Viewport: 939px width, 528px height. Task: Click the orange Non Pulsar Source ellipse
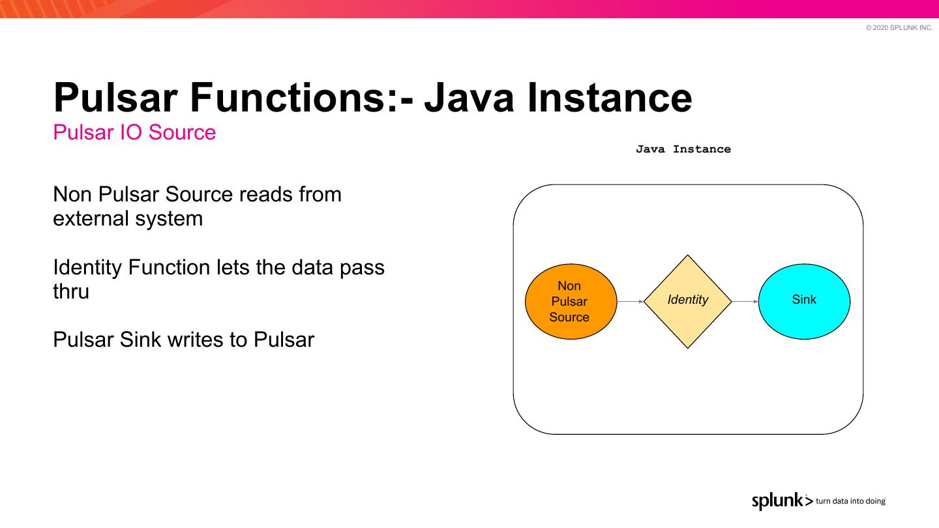571,301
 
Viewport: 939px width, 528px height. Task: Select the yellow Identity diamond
688,301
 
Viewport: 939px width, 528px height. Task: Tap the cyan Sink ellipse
804,301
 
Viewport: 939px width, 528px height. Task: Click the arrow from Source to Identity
630,302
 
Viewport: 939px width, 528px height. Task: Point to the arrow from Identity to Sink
745,302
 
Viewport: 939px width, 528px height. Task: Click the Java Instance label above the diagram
683,149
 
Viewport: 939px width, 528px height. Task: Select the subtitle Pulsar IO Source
134,132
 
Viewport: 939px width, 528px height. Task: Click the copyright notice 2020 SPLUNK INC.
899,27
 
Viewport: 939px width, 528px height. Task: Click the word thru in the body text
71,291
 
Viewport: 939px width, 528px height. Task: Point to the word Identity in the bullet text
87,267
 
